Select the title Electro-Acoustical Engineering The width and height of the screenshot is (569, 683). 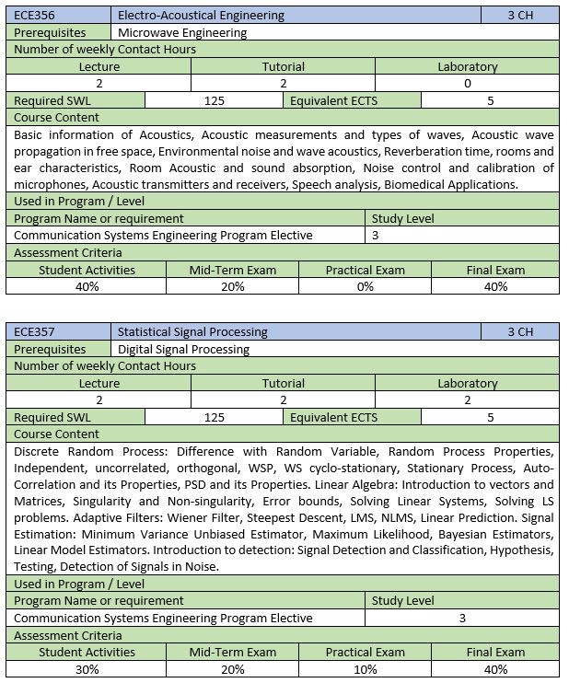pyautogui.click(x=202, y=16)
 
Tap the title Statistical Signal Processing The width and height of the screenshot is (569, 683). pyautogui.click(x=193, y=331)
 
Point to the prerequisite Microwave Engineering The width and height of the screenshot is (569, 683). pyautogui.click(x=183, y=32)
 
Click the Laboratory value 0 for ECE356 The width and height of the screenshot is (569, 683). pyautogui.click(x=467, y=83)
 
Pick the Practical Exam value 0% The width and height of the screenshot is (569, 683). pyautogui.click(x=365, y=286)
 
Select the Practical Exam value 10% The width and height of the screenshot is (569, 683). pyautogui.click(x=365, y=669)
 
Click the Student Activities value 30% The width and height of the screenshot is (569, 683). pyautogui.click(x=87, y=669)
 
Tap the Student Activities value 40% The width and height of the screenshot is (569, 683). pyautogui.click(x=87, y=286)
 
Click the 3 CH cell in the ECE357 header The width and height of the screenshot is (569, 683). pyautogui.click(x=519, y=331)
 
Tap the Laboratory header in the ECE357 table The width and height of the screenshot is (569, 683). pyautogui.click(x=467, y=383)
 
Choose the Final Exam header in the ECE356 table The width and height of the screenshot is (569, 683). pyautogui.click(x=495, y=270)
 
